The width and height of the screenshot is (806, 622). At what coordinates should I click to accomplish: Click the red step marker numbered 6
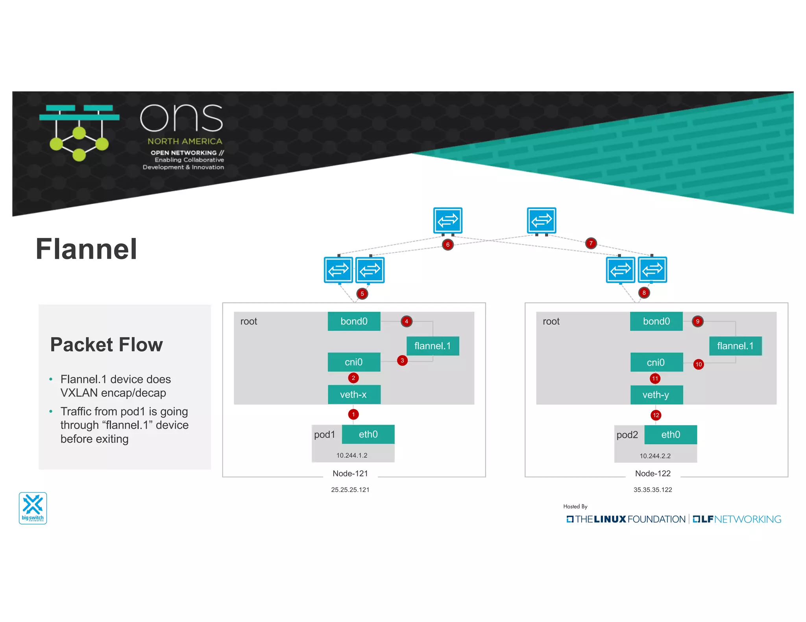point(447,245)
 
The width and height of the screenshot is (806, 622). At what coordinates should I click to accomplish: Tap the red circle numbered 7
point(591,243)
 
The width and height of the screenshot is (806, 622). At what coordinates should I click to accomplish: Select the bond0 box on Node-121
point(354,321)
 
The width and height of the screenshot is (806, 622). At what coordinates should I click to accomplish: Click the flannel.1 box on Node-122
point(735,346)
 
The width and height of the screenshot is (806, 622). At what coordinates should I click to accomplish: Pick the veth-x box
point(354,394)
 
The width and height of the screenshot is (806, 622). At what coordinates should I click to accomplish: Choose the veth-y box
point(656,395)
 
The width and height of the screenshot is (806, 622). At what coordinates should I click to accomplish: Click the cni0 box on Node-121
point(354,362)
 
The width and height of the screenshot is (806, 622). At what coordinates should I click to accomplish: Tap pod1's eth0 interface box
point(368,434)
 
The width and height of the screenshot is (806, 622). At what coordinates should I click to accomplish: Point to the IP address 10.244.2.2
point(655,456)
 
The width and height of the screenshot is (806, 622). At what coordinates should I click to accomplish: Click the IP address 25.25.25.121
point(350,490)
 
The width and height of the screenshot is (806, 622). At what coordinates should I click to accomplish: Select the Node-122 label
point(653,473)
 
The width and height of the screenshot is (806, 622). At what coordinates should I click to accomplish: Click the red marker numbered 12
point(656,415)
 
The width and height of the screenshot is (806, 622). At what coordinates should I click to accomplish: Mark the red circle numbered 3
point(402,361)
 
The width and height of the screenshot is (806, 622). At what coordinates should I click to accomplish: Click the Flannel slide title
point(86,249)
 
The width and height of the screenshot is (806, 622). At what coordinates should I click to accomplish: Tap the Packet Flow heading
point(106,344)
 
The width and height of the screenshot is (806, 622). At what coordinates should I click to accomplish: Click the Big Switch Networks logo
point(33,508)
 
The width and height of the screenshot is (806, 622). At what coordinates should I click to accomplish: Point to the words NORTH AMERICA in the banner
point(185,141)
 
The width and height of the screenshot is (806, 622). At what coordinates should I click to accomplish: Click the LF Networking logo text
point(737,519)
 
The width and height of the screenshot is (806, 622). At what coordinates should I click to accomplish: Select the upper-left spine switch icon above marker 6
point(447,220)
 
